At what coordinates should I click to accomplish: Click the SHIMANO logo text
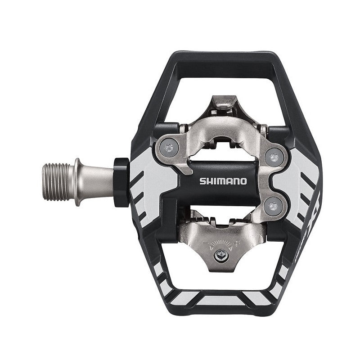223,181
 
